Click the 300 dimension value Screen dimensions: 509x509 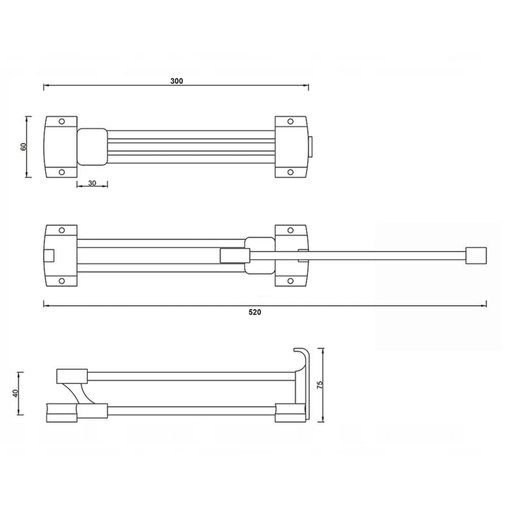tap(177, 81)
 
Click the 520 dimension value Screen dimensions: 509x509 tap(255, 312)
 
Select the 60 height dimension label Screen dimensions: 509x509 tap(23, 147)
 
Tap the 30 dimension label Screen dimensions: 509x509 tap(92, 183)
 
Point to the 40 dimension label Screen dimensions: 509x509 tap(16, 393)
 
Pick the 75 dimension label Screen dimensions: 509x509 tap(320, 385)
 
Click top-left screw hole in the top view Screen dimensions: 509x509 tap(62, 122)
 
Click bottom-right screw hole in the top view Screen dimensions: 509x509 tap(291, 172)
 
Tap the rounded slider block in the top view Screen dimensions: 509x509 tap(92, 147)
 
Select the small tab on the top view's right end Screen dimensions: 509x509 tap(310, 147)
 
